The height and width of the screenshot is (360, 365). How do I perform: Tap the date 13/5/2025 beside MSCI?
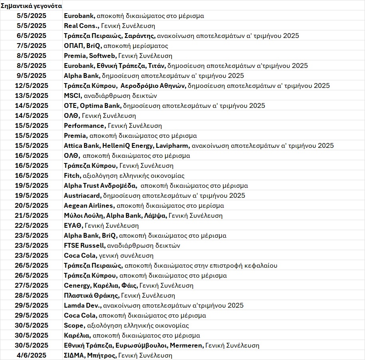pos(32,95)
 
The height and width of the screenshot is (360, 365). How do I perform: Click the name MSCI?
pos(72,95)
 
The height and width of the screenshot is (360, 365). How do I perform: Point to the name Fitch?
pos(71,175)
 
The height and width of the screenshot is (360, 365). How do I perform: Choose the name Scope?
pos(74,325)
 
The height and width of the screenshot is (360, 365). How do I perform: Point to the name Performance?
pos(84,125)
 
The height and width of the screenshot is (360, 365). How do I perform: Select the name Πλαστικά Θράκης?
pos(91,295)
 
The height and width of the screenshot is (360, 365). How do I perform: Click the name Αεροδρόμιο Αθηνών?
pos(148,86)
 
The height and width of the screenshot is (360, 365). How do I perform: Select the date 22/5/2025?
pos(32,225)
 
